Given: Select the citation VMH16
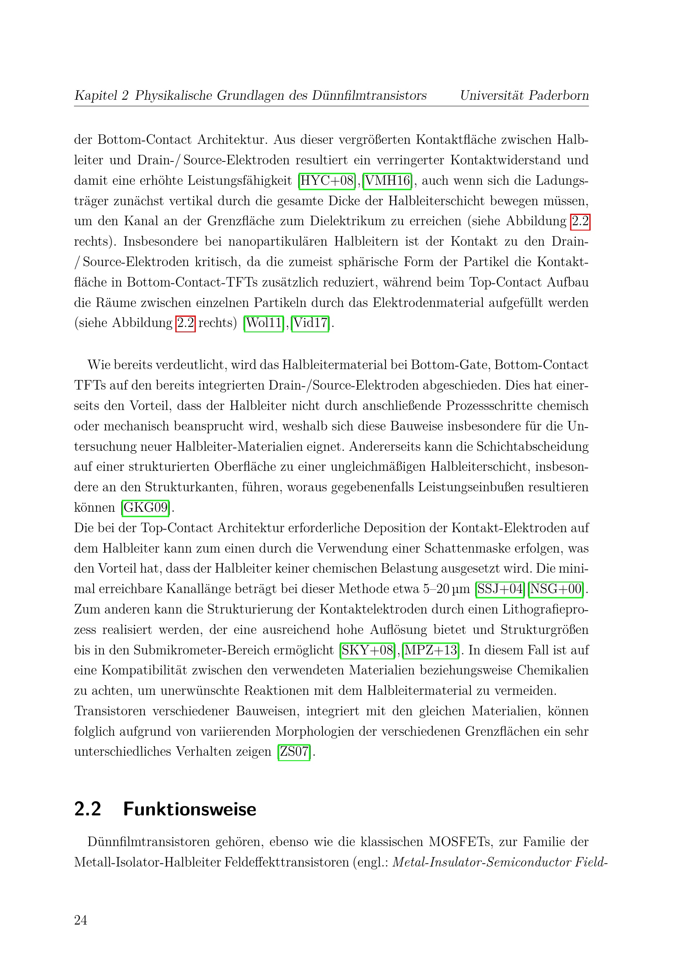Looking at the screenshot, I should tap(387, 181).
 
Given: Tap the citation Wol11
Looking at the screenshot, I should tap(264, 323).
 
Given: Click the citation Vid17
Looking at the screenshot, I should tap(311, 323).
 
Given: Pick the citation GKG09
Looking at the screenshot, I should tap(145, 508).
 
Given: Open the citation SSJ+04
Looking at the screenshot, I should tap(500, 589).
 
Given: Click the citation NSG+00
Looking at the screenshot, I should tap(556, 589).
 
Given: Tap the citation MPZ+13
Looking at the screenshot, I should tap(431, 650).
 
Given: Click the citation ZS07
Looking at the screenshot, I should tap(294, 752).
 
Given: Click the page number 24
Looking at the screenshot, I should tap(81, 920).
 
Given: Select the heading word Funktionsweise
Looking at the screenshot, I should tap(190, 809).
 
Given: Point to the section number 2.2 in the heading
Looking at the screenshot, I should tap(88, 809).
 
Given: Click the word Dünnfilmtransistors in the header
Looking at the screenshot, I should tap(369, 95).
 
